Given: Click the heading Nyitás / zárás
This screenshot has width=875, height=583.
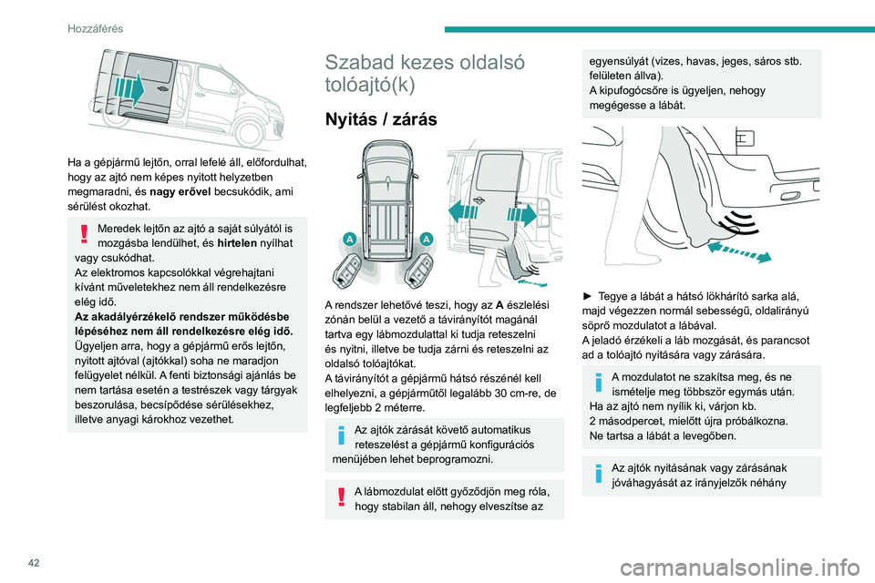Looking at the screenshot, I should tap(376, 119).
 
